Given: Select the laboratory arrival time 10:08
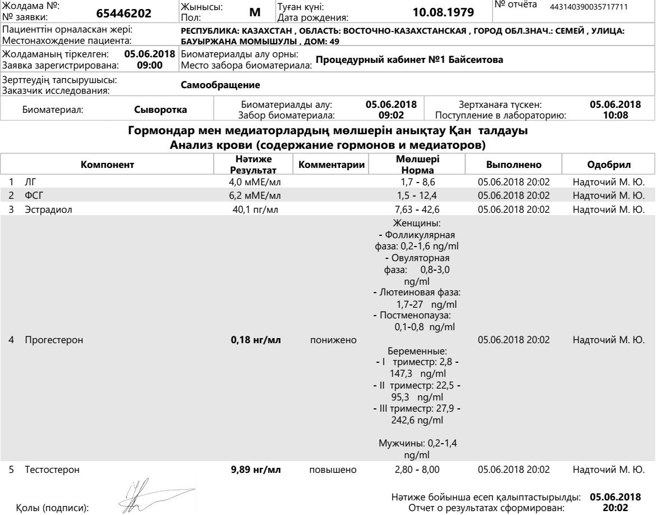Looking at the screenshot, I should (615, 115).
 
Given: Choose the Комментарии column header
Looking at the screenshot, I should (331, 165).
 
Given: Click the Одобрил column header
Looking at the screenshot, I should (608, 165).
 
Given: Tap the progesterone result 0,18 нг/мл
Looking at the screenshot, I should (256, 340).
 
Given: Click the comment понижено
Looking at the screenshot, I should (330, 340).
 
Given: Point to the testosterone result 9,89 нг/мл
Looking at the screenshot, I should (256, 470).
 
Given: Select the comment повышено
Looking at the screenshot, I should (330, 470).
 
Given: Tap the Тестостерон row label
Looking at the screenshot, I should (48, 470).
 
